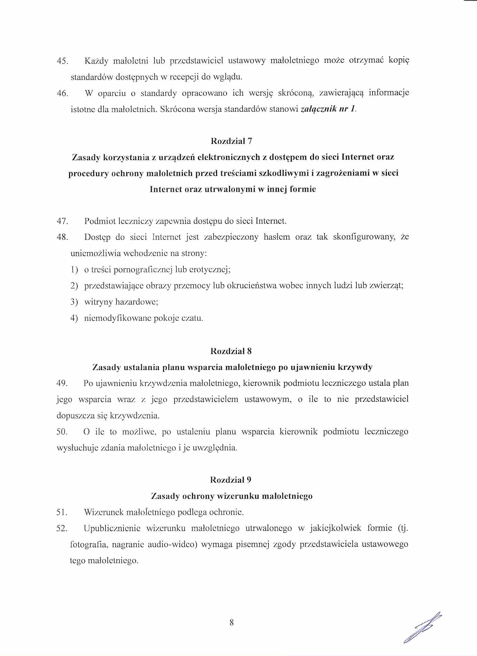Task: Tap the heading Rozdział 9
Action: pos(231,480)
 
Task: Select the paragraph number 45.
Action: pos(62,61)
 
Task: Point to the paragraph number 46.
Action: pos(62,93)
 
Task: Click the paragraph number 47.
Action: pos(62,222)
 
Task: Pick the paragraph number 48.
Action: pos(62,237)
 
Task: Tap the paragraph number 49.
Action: pos(62,384)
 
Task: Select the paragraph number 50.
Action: pos(62,432)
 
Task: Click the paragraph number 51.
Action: pos(62,512)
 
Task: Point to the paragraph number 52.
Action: pos(62,528)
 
